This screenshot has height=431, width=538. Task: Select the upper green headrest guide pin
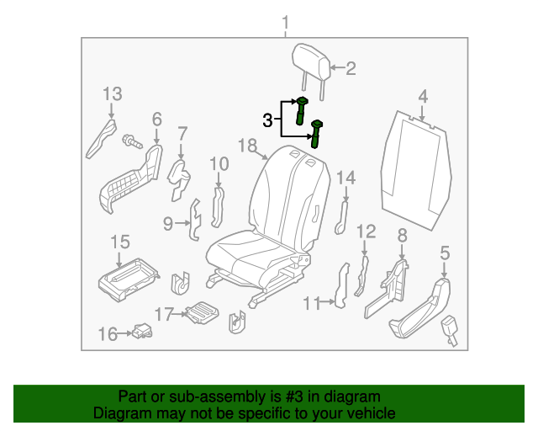coord(302,110)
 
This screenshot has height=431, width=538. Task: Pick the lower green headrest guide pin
coord(317,133)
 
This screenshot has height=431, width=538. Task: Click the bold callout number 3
coord(267,121)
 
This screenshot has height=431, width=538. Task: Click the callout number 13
coord(113,93)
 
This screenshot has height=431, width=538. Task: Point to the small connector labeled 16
coord(140,332)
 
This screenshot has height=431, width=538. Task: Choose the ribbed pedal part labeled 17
coord(201,313)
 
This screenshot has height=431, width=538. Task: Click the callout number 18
coord(246,146)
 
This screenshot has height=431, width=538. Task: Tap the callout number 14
coord(346,178)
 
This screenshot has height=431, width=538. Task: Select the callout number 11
coord(312,303)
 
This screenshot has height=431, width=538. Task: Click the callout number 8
coord(402,235)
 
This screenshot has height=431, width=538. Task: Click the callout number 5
coord(445,251)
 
